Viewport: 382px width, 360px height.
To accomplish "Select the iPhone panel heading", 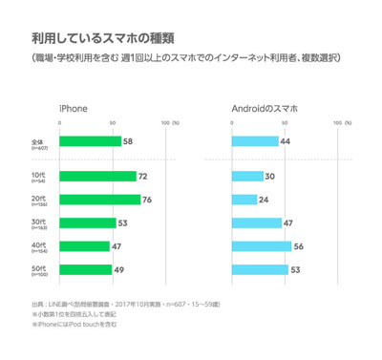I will tap(74, 107).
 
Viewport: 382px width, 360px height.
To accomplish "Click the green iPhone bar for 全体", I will tap(90, 141).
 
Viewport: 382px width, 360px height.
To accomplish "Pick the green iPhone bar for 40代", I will tap(84, 245).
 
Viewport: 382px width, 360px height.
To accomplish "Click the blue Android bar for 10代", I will tap(247, 176).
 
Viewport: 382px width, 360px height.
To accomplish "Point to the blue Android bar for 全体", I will tap(255, 141).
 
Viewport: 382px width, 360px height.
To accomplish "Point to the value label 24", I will tap(265, 200).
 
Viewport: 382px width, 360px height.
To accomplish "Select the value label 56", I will tap(299, 245).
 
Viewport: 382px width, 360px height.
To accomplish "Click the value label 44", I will tap(286, 141).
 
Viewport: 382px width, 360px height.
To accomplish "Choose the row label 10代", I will tap(39, 175).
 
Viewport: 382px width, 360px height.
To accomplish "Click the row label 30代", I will tap(39, 221).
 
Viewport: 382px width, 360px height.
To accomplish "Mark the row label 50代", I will tap(39, 267).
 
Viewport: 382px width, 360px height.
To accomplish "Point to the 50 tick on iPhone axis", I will tap(113, 123).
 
